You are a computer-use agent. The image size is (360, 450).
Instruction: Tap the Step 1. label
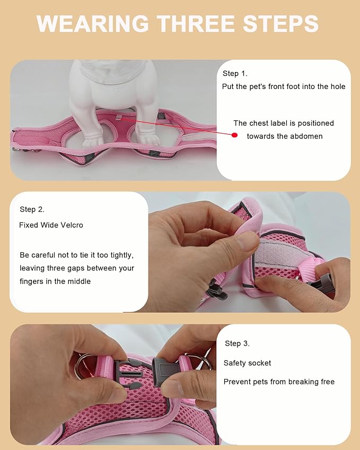click(235, 74)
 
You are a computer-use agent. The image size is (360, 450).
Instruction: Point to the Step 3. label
click(237, 343)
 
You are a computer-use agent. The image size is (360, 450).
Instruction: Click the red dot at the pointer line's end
click(234, 135)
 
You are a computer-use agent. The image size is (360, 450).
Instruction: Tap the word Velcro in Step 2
click(72, 225)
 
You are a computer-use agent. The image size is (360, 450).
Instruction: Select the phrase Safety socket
click(247, 363)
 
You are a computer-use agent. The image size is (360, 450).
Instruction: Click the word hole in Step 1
click(337, 86)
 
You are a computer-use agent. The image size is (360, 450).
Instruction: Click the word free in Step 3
click(327, 382)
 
